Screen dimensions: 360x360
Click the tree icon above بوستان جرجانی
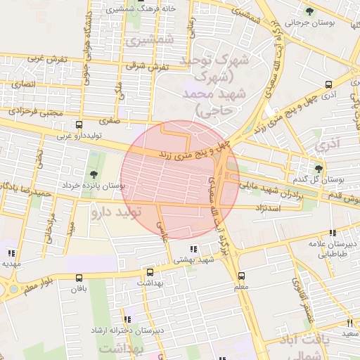pos(309,11)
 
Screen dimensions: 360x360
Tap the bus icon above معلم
pos(242,276)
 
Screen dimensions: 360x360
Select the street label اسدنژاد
pos(271,210)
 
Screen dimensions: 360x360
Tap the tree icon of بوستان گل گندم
pos(319,169)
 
